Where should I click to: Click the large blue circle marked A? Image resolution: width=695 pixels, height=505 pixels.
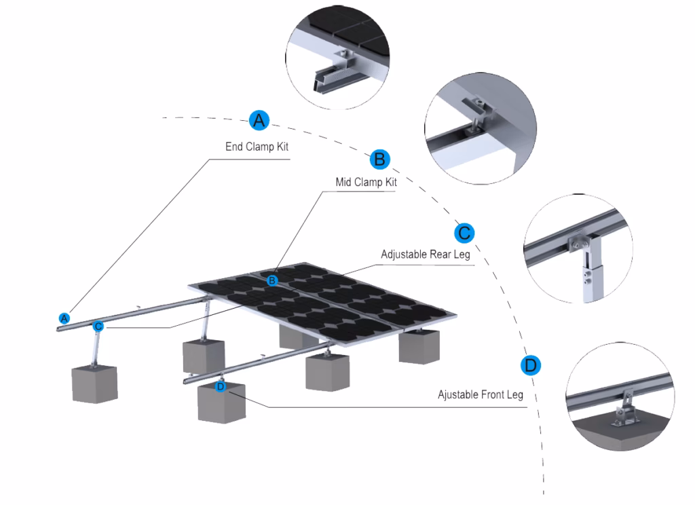[x=259, y=120]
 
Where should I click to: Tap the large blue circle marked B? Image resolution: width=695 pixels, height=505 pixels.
[x=379, y=160]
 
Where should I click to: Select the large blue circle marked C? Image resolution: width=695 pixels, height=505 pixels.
[x=464, y=233]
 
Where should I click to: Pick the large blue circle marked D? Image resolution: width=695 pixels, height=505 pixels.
[x=531, y=365]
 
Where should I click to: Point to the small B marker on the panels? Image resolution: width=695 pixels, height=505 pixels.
[x=272, y=280]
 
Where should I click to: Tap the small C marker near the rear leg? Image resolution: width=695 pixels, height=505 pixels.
[x=98, y=326]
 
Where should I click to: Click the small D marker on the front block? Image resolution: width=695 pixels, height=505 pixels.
[x=220, y=387]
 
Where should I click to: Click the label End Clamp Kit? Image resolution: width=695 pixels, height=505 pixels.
[x=257, y=147]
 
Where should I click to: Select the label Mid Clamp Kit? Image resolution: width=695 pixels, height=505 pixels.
[x=366, y=182]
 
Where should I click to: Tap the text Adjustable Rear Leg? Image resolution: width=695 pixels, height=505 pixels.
[x=426, y=255]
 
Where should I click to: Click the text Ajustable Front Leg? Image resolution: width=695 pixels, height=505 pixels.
[x=481, y=394]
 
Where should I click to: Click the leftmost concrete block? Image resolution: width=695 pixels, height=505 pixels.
[x=94, y=384]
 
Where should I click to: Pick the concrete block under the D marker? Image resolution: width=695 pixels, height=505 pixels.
[x=221, y=403]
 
